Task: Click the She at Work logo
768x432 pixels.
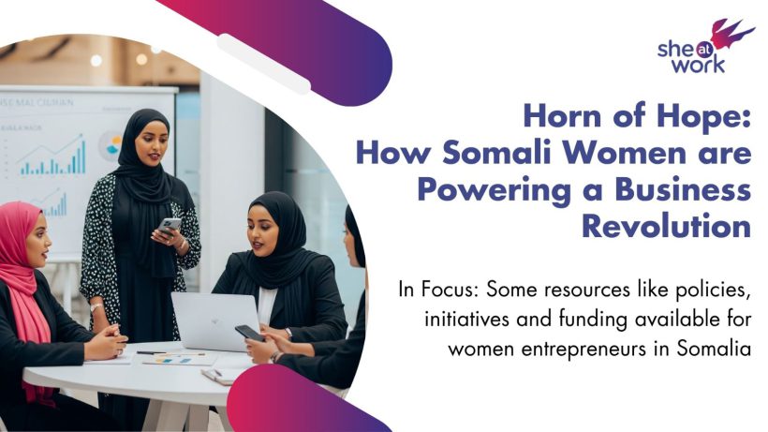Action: (x=705, y=47)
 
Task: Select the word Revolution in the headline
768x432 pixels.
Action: (x=667, y=226)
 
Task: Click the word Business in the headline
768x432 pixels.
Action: (x=683, y=189)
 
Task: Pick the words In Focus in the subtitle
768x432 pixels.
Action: (x=439, y=290)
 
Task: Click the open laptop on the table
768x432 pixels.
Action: (x=216, y=320)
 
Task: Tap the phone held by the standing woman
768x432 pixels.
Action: (x=170, y=226)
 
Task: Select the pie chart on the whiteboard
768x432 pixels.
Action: (x=111, y=145)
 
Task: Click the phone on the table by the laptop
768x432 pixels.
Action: (x=250, y=333)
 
